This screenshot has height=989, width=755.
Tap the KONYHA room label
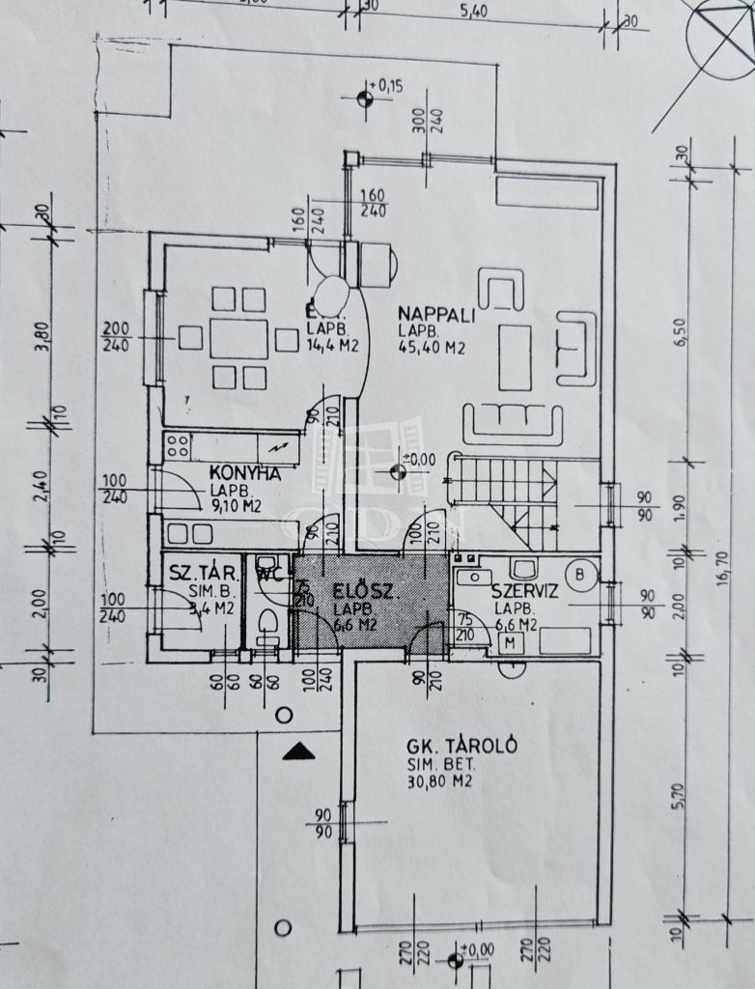point(245,473)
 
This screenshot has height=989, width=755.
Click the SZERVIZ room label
point(525,592)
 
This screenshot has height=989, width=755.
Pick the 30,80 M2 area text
point(439,780)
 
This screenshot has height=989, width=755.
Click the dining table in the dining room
point(238,339)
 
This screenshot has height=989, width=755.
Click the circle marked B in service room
point(580,574)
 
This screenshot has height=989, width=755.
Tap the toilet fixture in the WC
point(268,625)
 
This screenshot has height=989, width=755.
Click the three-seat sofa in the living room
point(513,422)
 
